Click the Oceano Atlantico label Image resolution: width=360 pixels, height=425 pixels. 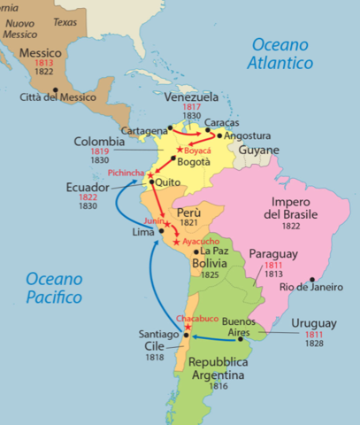coord(282,53)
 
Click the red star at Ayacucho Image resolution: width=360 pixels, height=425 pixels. coord(177,242)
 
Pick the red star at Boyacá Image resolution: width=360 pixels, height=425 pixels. coord(180,150)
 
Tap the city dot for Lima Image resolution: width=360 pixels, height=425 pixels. coord(161,230)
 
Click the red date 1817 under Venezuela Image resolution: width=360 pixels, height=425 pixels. coord(192,107)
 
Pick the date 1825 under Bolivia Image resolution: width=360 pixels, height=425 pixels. coord(209,274)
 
